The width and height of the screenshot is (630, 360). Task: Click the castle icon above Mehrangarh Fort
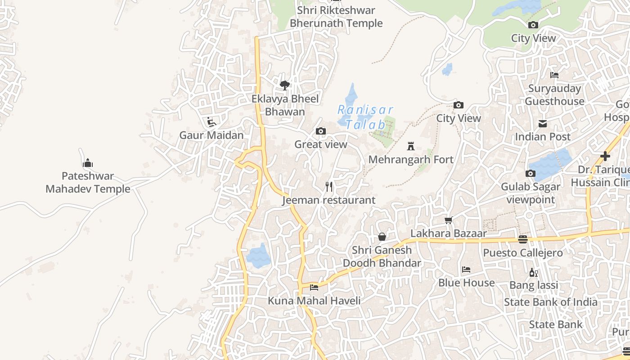[410, 146]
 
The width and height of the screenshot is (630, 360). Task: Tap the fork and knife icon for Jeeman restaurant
[329, 187]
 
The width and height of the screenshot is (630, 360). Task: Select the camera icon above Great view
[320, 131]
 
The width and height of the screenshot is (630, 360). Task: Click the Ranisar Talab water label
[365, 117]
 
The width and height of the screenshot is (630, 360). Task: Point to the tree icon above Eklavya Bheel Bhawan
[284, 85]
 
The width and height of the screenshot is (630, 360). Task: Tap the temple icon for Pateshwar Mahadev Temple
[88, 162]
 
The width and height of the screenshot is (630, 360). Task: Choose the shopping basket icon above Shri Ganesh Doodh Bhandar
[382, 237]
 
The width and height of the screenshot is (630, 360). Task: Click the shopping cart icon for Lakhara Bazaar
[448, 220]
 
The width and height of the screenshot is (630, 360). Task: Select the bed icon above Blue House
[466, 270]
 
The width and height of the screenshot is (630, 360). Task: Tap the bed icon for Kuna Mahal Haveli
[314, 287]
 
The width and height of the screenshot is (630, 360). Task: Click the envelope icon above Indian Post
[543, 123]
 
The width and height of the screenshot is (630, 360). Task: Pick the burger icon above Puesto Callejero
[522, 239]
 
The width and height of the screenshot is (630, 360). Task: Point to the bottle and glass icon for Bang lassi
[533, 272]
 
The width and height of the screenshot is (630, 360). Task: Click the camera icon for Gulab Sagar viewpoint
[531, 174]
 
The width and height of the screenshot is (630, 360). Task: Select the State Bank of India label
[550, 302]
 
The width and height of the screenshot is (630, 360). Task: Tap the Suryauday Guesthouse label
[554, 95]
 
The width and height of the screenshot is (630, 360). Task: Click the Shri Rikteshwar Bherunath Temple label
[336, 17]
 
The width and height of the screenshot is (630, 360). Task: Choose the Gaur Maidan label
[211, 135]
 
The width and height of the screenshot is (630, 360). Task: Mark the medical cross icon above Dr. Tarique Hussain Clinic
[605, 156]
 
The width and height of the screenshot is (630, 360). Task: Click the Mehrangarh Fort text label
[411, 160]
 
